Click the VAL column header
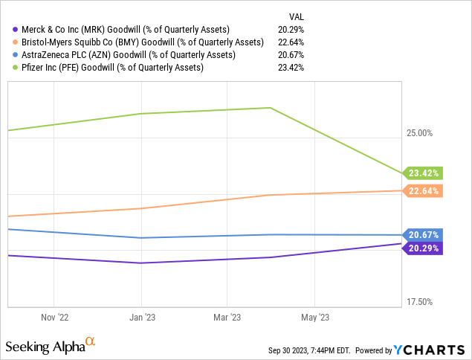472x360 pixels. [295, 16]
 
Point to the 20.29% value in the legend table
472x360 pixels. [291, 29]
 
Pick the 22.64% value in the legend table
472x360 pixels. [291, 42]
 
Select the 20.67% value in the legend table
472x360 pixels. [291, 54]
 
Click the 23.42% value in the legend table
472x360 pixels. [291, 67]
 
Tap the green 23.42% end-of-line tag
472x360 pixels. [424, 173]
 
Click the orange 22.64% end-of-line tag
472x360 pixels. [424, 190]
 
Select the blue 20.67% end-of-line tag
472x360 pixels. [424, 234]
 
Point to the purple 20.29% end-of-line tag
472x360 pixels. [424, 248]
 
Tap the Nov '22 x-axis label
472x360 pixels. [54, 317]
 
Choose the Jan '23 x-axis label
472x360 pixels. [141, 317]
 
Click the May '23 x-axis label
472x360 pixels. [314, 317]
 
